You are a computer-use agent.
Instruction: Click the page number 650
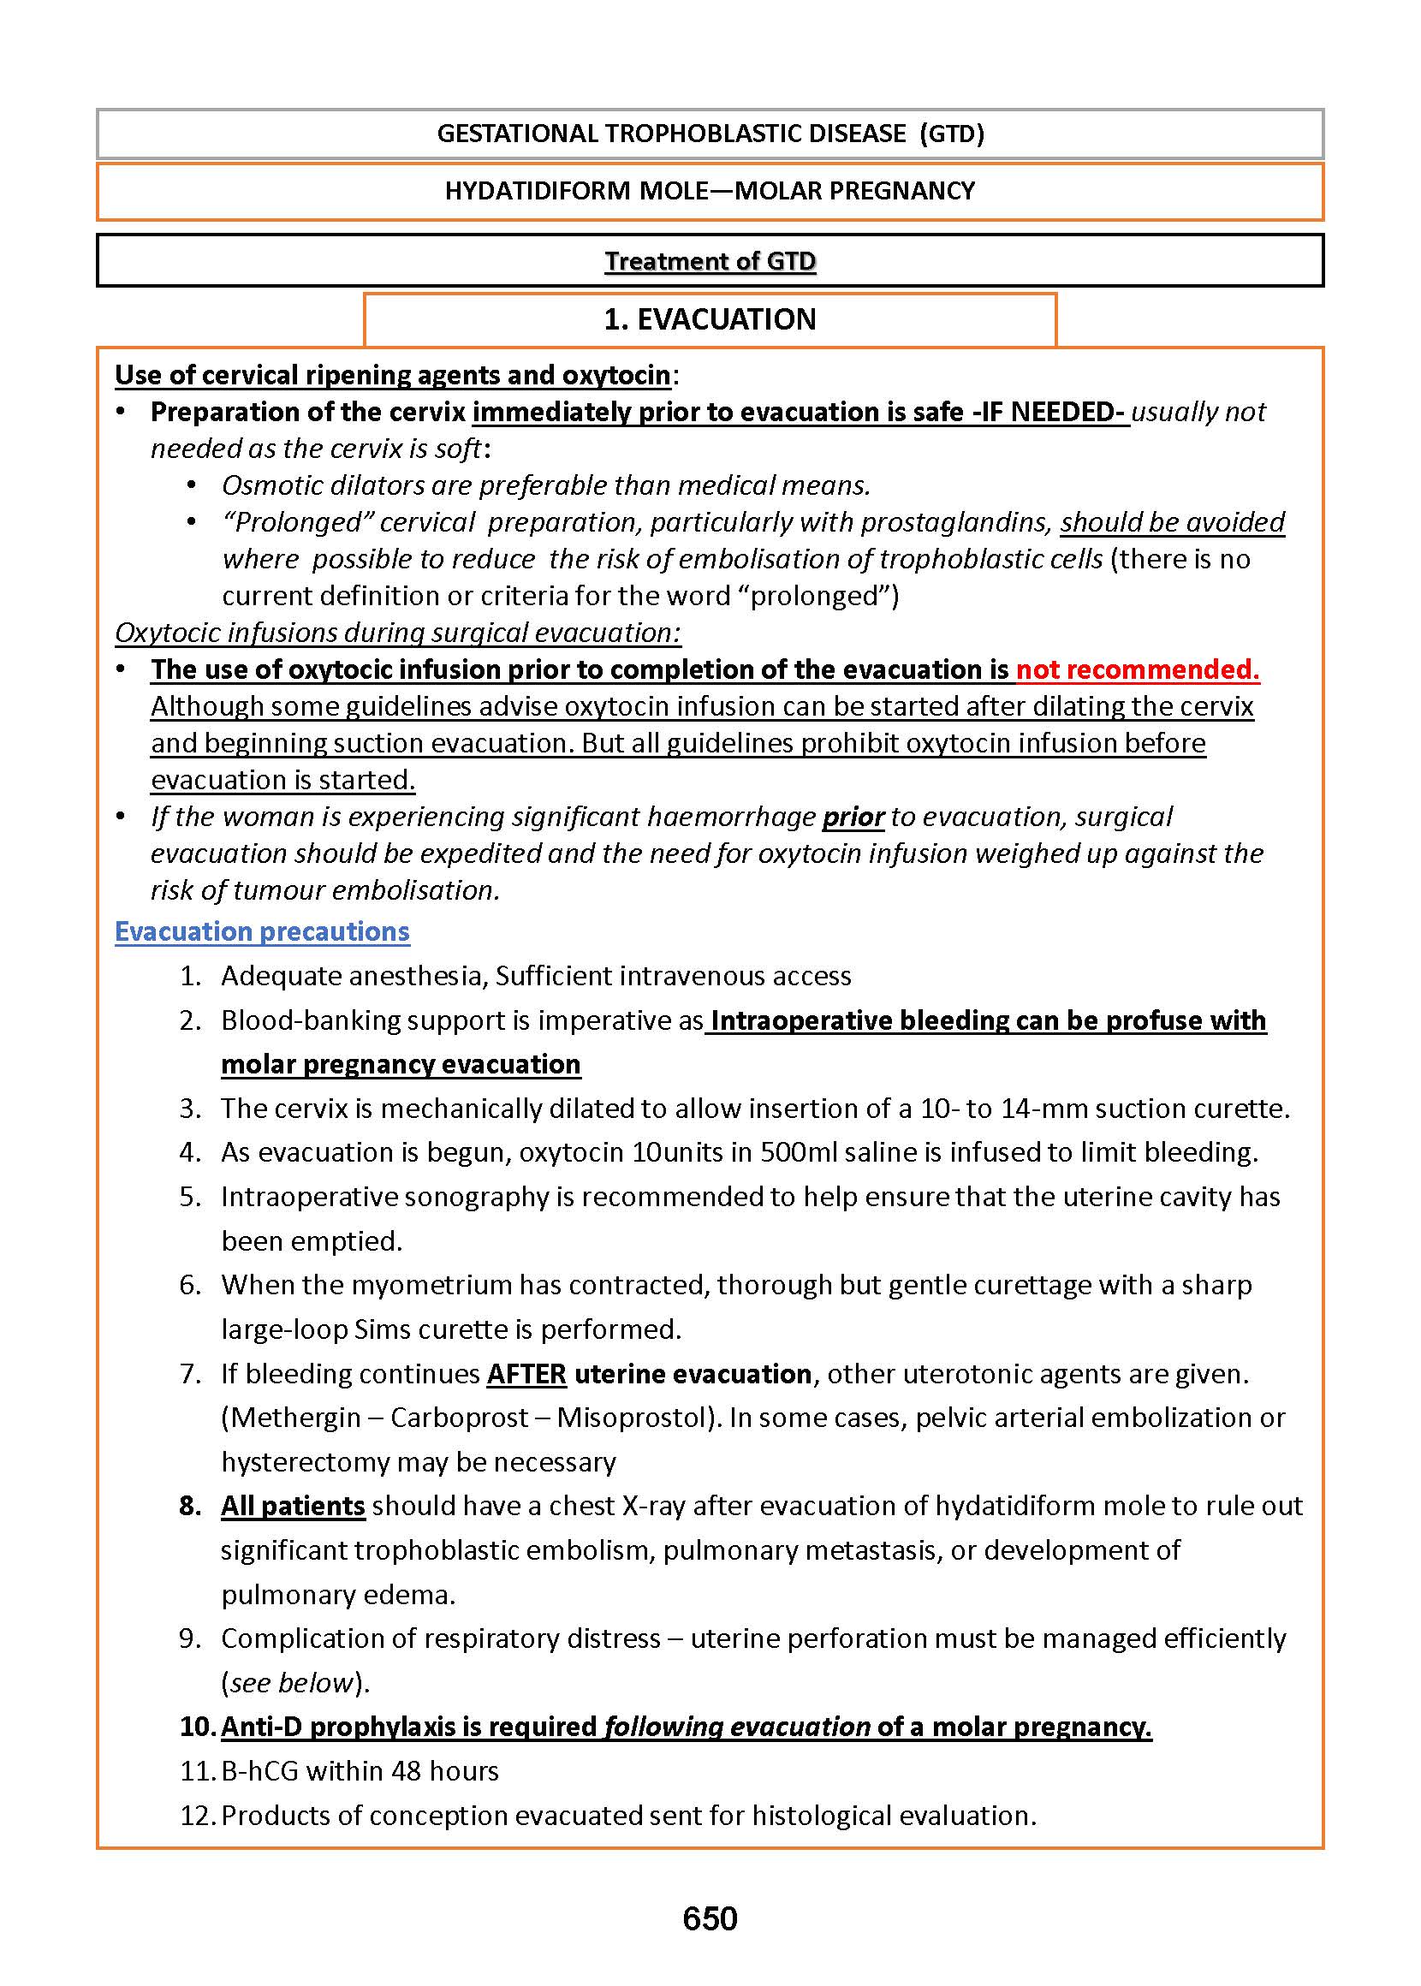coord(710,1918)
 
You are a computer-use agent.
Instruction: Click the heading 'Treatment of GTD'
coord(710,262)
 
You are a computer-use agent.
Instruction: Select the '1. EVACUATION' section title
coord(710,319)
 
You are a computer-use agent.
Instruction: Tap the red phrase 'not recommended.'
coord(1137,669)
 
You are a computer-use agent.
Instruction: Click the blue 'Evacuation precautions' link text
coord(262,931)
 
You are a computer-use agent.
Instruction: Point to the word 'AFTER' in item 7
coord(526,1374)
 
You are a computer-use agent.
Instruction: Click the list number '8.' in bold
coord(191,1506)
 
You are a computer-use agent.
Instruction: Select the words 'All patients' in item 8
coord(292,1506)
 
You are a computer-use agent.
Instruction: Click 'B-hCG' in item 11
coord(259,1771)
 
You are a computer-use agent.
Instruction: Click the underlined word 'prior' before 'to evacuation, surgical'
coord(853,817)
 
